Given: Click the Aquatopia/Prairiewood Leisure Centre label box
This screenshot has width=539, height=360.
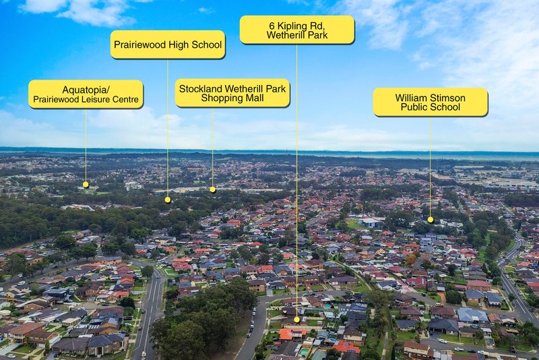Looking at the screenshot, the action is [86, 94].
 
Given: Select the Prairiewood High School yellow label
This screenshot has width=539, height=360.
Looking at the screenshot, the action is [168, 44].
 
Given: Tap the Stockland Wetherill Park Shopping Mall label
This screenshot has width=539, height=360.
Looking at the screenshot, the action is [232, 93].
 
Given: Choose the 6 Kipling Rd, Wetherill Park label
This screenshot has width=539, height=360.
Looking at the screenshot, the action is [297, 30].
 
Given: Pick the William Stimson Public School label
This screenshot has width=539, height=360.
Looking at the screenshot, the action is [431, 102].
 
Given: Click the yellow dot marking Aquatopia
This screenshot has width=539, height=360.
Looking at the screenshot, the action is [86, 185].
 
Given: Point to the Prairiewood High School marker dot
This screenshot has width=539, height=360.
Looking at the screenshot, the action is [168, 200].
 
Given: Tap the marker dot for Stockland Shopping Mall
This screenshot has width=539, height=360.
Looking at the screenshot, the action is [213, 189].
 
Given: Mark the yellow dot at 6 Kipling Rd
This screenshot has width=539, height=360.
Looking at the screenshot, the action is [297, 320].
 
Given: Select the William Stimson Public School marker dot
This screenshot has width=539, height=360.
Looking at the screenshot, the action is [431, 220].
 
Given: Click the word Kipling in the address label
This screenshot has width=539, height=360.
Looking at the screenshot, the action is [292, 26].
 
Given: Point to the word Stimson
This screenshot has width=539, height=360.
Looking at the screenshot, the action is [444, 98].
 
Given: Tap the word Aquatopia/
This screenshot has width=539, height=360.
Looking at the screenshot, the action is [86, 90].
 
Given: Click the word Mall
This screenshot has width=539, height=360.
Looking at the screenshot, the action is [254, 98].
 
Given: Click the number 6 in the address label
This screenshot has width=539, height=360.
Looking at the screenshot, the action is [272, 26].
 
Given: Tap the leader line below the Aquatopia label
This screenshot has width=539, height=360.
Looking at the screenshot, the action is [86, 146].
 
